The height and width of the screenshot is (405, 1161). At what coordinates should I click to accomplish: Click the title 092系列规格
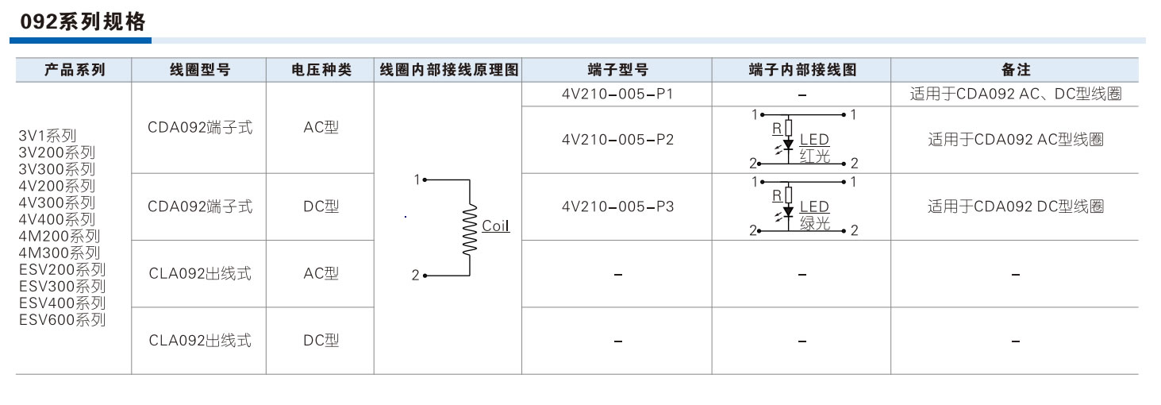78,21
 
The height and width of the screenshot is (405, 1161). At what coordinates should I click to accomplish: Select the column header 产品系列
75,70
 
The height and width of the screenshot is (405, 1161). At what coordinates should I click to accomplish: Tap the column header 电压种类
321,70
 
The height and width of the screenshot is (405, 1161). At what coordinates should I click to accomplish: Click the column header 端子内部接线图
802,70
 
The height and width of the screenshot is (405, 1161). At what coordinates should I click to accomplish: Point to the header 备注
1015,70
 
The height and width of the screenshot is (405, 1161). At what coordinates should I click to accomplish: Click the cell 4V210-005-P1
617,94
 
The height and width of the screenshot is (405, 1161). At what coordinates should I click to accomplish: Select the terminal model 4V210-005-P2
617,140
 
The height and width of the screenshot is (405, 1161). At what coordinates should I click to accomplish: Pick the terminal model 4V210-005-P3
617,206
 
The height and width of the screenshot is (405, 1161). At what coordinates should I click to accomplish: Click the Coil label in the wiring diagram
496,226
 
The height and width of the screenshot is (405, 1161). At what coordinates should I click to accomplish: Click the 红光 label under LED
815,156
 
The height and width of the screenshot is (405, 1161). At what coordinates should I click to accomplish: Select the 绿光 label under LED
815,224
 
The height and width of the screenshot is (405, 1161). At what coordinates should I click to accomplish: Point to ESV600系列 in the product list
62,320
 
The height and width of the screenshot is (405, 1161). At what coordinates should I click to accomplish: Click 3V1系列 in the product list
48,135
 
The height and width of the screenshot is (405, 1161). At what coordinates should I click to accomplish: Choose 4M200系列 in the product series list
59,236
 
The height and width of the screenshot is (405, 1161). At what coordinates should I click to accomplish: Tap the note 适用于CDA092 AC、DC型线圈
1015,94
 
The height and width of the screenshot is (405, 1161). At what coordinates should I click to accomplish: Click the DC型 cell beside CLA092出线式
321,340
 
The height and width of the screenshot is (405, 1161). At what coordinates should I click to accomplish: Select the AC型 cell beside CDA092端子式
321,127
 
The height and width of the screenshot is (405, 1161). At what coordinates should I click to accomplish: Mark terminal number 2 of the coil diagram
415,276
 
